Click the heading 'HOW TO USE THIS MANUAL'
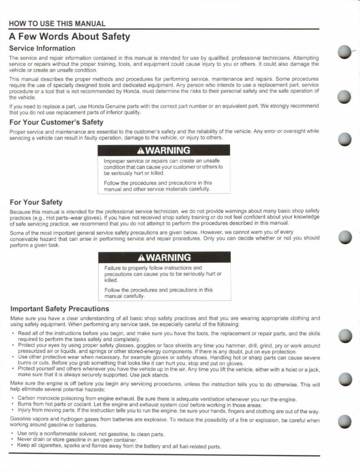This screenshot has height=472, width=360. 57,24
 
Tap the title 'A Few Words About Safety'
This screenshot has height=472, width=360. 69,37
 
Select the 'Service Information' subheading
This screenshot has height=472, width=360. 42,49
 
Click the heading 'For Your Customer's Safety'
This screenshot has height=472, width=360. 56,122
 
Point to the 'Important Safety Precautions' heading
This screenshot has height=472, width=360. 59,309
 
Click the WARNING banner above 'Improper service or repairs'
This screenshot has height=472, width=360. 164,150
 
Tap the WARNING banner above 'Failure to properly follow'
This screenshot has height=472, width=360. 164,257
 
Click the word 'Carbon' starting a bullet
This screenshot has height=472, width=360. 26,399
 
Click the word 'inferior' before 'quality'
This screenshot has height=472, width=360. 115,112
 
